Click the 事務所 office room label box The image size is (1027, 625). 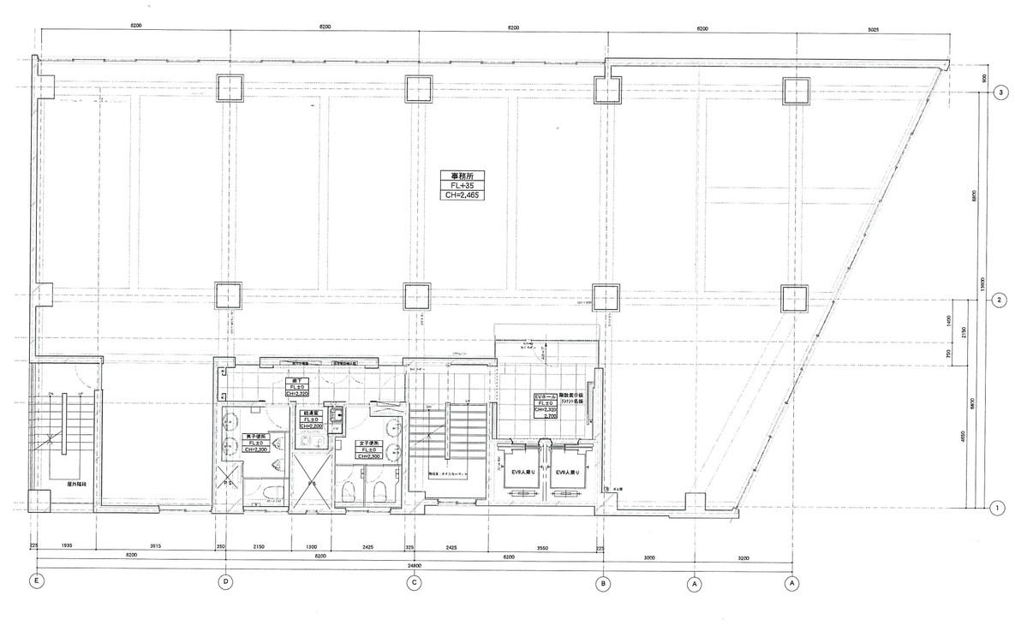coord(462,184)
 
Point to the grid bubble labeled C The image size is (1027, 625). coord(415,584)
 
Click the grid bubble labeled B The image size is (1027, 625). coord(604,584)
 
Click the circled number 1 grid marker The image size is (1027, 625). coord(999,508)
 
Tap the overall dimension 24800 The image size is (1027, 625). coord(415,566)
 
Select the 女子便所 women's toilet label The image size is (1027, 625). coord(369,449)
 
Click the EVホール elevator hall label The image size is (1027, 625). coord(546,406)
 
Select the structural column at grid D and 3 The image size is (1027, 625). coord(230,88)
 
